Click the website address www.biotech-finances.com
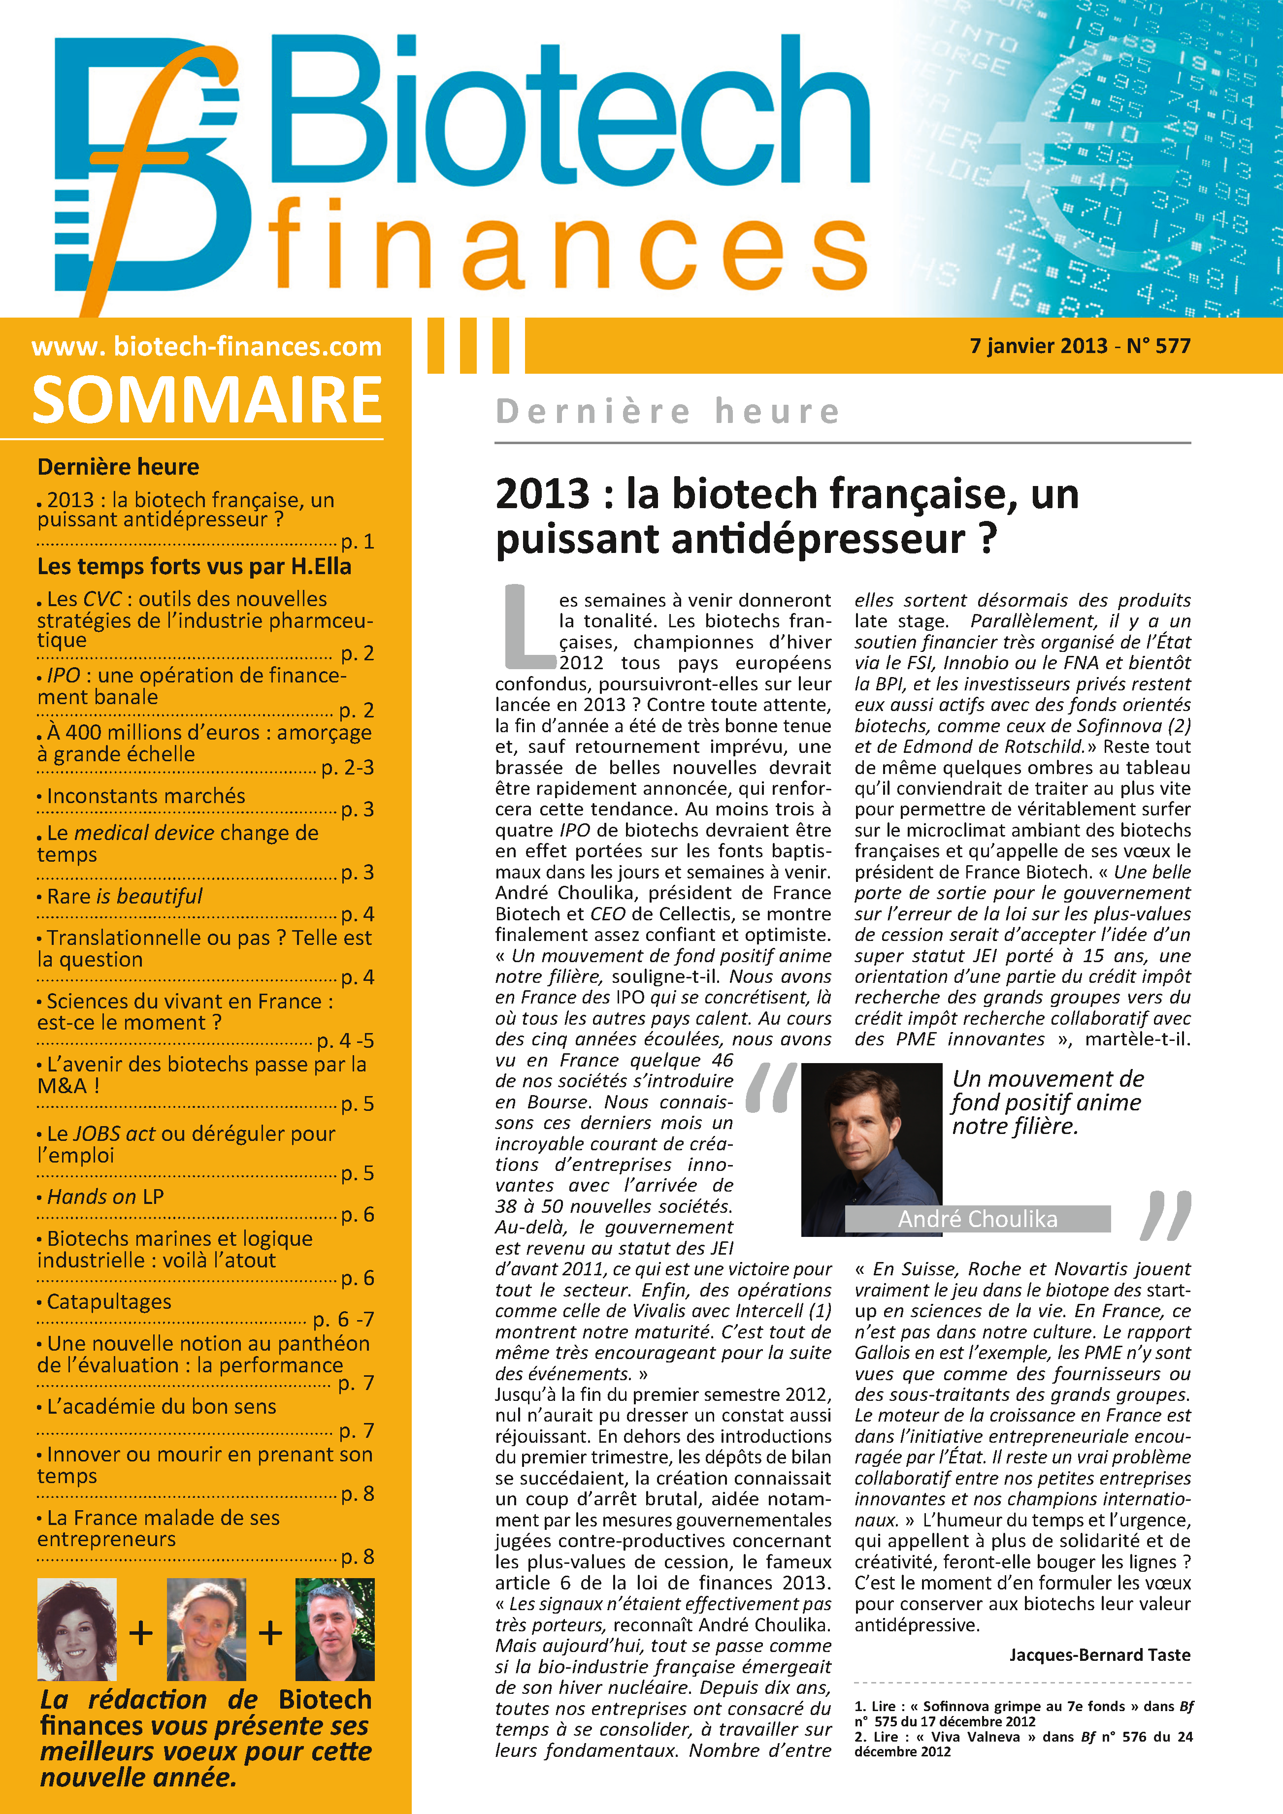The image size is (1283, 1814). [206, 346]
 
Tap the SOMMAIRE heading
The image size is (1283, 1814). [207, 400]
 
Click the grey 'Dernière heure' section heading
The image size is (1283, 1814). [667, 412]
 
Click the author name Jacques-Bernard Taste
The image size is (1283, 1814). [1099, 1654]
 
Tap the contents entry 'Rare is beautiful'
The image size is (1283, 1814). [125, 896]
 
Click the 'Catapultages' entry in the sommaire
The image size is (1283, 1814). [109, 1301]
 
